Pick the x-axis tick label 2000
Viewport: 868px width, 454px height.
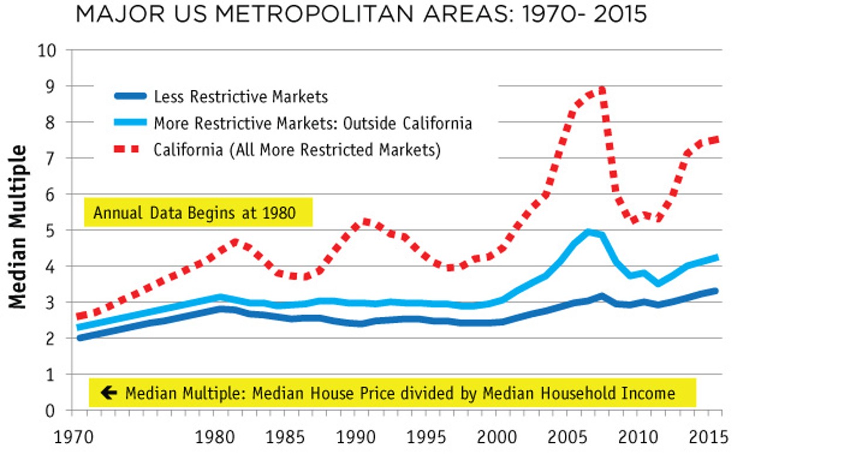click(x=494, y=437)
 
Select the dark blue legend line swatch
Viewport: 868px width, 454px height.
click(x=130, y=96)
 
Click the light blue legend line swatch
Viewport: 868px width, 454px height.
click(x=130, y=123)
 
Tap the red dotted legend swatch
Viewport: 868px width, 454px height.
click(x=130, y=149)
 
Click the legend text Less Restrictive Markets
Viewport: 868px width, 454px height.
click(x=240, y=96)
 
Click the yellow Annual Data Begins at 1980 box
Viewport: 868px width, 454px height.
click(x=198, y=212)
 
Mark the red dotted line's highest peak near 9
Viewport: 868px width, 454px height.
click(x=601, y=89)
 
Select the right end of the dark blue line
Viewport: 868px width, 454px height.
click(x=716, y=291)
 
